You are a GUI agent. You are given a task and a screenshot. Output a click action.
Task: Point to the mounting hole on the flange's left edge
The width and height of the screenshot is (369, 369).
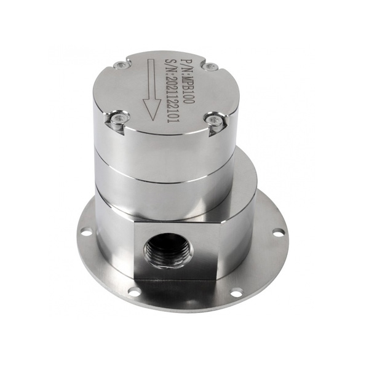coord(87,233)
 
